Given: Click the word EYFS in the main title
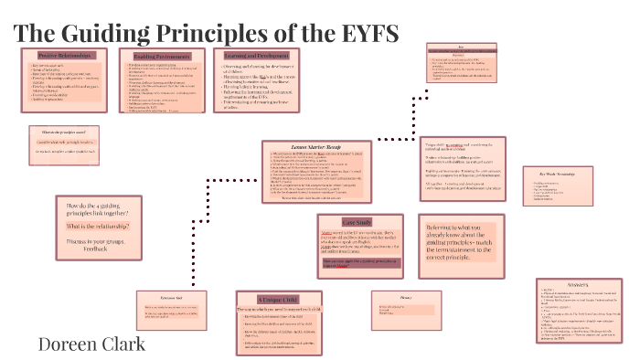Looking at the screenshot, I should coord(364,34).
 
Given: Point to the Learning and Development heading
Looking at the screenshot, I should coord(257,56).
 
